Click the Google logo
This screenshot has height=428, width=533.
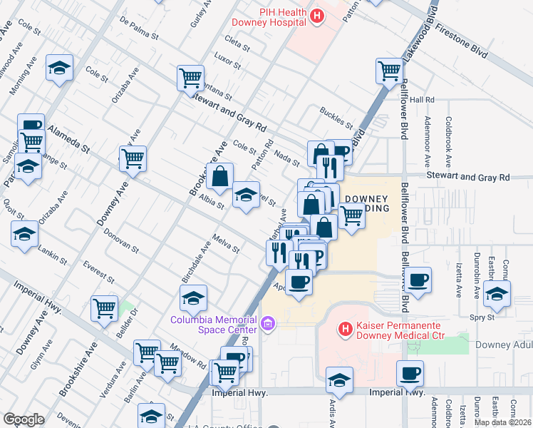tap(24, 419)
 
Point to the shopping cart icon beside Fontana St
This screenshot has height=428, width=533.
tap(190, 78)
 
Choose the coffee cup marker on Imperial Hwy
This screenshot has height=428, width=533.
tap(410, 373)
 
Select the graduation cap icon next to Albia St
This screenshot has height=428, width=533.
tap(246, 195)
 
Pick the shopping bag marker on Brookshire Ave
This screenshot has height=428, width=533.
tap(220, 175)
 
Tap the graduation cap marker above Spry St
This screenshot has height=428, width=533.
tap(497, 293)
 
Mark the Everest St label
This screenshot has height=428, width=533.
tap(98, 272)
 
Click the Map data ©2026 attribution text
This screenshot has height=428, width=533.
tap(502, 422)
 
